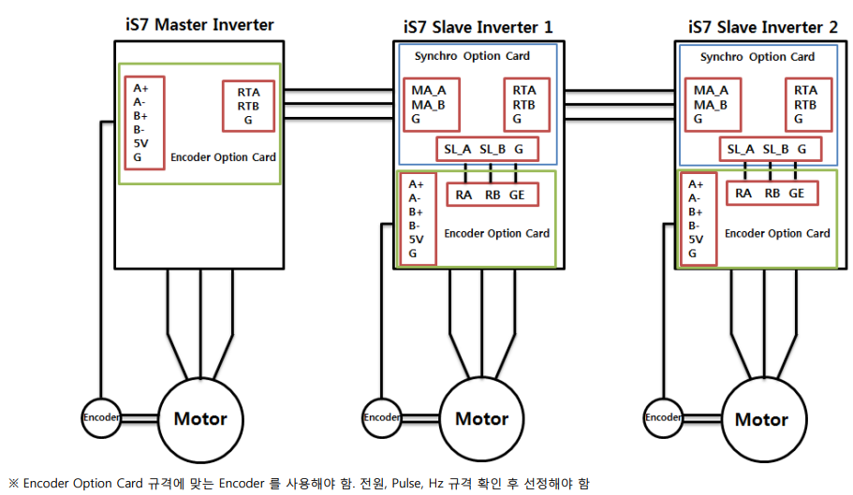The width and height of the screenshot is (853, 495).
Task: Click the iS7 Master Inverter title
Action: coord(199,24)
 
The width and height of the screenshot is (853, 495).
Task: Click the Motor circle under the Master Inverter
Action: coord(200,418)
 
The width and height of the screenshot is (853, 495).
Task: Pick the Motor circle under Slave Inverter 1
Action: coord(481,418)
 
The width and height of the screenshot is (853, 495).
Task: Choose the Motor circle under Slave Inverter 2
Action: coord(761,418)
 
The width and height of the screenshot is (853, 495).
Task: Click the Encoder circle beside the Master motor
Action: coord(100,417)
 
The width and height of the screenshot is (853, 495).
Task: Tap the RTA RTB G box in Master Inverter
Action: coord(248,106)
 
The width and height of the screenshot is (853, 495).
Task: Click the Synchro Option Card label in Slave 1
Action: coord(472,56)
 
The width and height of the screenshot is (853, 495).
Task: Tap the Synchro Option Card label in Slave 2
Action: coord(757,57)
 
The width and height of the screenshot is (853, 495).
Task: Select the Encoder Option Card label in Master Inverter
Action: coord(223,157)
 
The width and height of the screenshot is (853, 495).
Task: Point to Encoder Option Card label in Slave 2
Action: coord(777,233)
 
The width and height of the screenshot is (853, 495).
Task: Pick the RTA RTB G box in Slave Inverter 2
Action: coord(805,105)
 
